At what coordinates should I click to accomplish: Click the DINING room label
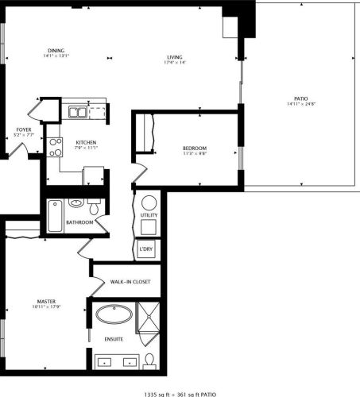[x=56, y=50]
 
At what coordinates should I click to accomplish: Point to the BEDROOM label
[x=195, y=148]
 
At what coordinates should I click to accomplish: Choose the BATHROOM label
[x=80, y=223]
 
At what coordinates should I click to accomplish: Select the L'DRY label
[x=146, y=249]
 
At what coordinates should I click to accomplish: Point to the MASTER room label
[x=45, y=301]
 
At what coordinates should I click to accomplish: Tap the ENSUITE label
[x=114, y=339]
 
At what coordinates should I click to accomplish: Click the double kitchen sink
[x=77, y=112]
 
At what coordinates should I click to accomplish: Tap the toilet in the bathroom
[x=94, y=209]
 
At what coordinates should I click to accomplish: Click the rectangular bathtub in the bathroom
[x=55, y=214]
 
